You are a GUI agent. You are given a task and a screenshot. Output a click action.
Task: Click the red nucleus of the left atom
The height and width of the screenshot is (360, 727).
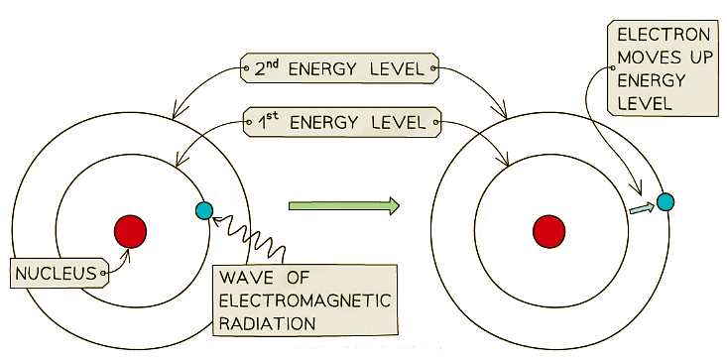[130, 231]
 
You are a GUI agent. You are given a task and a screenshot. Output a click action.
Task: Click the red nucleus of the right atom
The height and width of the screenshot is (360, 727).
[548, 231]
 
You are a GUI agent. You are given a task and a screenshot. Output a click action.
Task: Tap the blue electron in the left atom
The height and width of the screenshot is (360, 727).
[204, 210]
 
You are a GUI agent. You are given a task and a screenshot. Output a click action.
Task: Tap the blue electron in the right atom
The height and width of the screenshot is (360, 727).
[665, 201]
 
